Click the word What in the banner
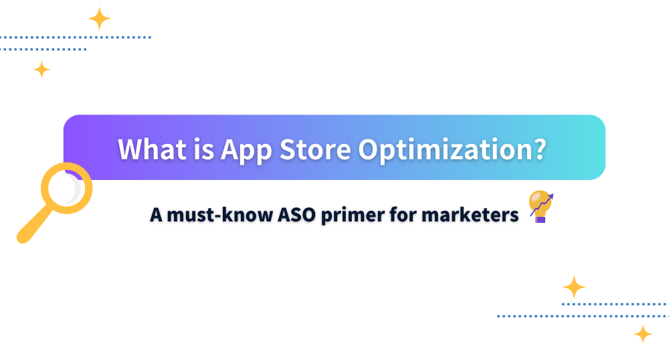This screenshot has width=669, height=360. tap(153, 149)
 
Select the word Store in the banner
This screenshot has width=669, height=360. tap(315, 149)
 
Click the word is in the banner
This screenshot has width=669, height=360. tap(203, 149)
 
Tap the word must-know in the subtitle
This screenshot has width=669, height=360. tap(219, 215)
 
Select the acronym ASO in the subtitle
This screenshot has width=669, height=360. tap(297, 215)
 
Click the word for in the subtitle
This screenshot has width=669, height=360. tap(403, 215)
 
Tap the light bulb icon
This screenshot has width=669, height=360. tap(541, 207)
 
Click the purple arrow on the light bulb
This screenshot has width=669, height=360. tap(542, 204)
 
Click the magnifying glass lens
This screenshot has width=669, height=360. tap(66, 188)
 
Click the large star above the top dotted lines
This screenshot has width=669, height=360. tap(100, 19)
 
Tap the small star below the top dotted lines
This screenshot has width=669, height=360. tap(41, 70)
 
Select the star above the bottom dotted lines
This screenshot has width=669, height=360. tap(574, 287)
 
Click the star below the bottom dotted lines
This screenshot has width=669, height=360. tap(643, 334)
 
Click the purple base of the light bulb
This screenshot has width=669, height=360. tap(540, 219)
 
